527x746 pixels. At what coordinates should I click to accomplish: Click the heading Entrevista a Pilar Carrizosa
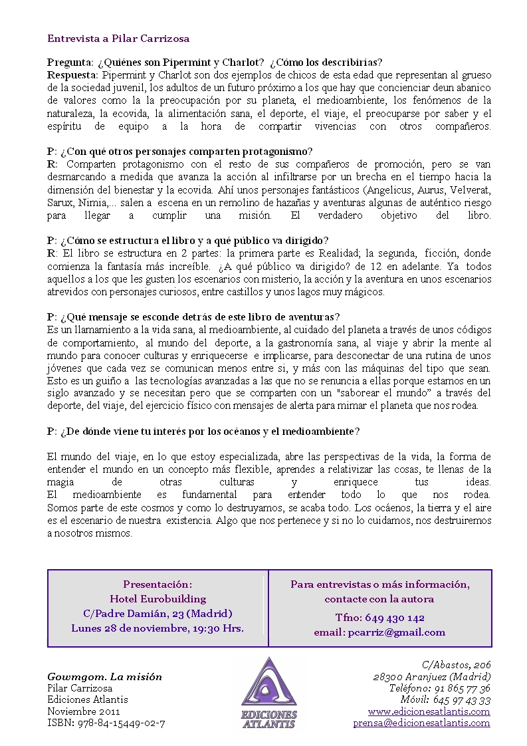pyautogui.click(x=118, y=39)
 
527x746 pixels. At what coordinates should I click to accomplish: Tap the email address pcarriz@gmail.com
pyautogui.click(x=396, y=632)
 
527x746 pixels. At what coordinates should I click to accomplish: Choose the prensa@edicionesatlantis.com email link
pyautogui.click(x=421, y=723)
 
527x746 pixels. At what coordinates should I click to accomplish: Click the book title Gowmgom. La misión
pyautogui.click(x=105, y=677)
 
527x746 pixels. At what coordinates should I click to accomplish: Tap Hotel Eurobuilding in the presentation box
pyautogui.click(x=158, y=598)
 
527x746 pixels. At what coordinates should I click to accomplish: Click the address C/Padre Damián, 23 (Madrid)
pyautogui.click(x=158, y=613)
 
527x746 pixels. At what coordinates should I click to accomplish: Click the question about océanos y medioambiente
pyautogui.click(x=203, y=432)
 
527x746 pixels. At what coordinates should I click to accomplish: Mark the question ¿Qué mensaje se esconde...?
pyautogui.click(x=193, y=316)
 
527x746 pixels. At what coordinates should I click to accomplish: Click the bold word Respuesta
pyautogui.click(x=72, y=74)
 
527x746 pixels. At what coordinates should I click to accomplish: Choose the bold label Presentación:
pyautogui.click(x=158, y=584)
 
